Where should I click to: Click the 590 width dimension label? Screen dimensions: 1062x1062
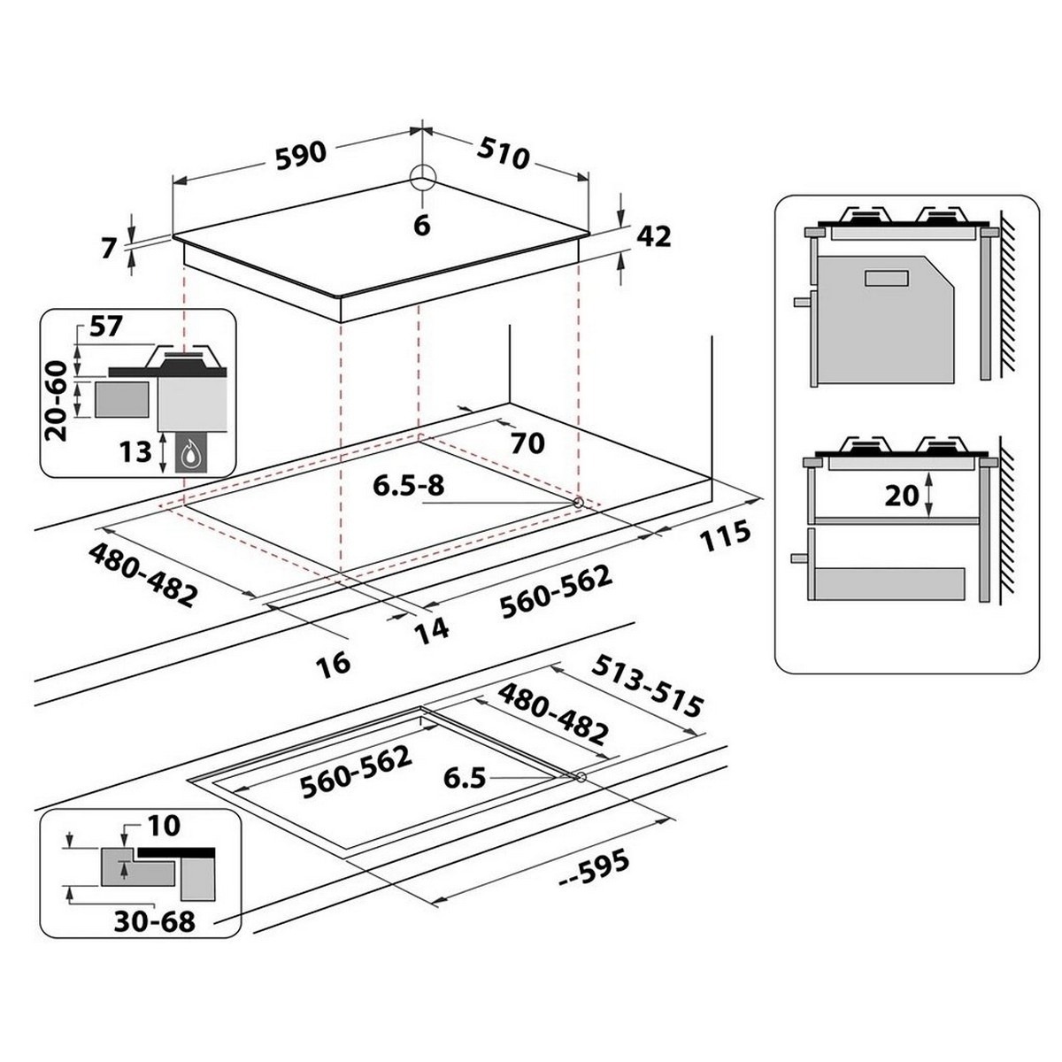pos(301,155)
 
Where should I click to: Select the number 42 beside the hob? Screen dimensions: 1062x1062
pos(654,237)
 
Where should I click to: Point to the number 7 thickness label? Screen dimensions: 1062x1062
pos(109,249)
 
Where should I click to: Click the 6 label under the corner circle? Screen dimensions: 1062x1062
pos(421,226)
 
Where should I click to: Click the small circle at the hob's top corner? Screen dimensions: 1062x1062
pos(423,178)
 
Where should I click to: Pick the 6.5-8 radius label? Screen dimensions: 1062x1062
pos(408,486)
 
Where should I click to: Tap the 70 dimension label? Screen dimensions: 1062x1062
pos(527,442)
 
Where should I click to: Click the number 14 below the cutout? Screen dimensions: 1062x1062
pos(432,629)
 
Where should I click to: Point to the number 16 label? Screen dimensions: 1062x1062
pos(334,663)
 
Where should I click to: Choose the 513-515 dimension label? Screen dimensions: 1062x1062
pos(647,686)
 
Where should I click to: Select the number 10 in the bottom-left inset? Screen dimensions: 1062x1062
pos(164,826)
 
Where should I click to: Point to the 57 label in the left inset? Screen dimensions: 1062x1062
pos(105,327)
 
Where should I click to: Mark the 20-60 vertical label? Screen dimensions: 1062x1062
pos(57,401)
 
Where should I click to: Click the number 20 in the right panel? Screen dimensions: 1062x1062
pos(902,496)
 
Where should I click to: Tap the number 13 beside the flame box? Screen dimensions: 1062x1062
pos(135,452)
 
